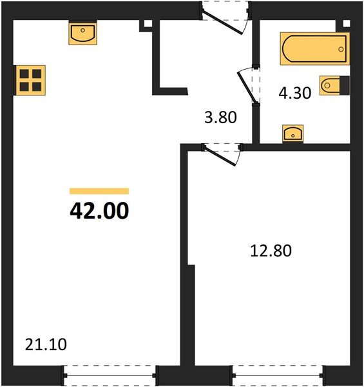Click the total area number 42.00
(99, 210)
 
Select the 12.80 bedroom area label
(271, 250)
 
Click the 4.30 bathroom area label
(294, 92)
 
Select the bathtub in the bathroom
(314, 48)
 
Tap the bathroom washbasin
(294, 134)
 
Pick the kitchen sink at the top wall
(82, 33)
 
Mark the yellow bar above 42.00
(99, 191)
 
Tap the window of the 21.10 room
(110, 373)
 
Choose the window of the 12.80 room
(276, 373)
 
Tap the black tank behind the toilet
(344, 85)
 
